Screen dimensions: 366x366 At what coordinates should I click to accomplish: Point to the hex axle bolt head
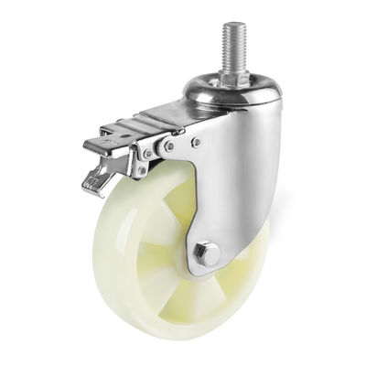point(206,253)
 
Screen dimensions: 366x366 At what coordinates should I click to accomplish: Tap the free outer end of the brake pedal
point(90,146)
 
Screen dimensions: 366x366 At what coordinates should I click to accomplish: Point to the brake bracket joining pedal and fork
point(151,151)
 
